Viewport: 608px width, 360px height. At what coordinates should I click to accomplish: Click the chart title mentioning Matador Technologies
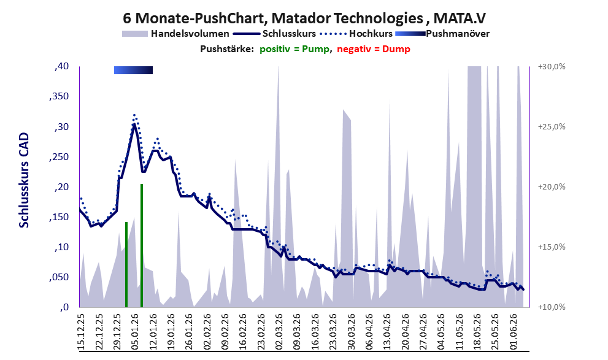click(304, 18)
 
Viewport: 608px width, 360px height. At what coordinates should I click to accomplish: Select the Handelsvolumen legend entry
click(175, 34)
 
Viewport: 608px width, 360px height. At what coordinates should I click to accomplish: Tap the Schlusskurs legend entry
click(274, 34)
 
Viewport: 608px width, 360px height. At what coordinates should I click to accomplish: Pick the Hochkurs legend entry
click(356, 34)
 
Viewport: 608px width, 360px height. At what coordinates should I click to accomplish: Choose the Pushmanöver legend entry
click(442, 34)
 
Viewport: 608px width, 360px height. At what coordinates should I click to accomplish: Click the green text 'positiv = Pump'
click(294, 49)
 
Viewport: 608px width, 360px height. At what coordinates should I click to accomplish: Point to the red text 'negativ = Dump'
click(374, 49)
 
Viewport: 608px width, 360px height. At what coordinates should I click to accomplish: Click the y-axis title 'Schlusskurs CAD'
click(24, 180)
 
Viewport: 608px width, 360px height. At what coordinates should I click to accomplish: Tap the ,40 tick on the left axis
click(61, 66)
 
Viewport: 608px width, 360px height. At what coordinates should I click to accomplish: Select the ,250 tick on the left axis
click(60, 157)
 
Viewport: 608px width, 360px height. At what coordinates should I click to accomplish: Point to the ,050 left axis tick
click(60, 277)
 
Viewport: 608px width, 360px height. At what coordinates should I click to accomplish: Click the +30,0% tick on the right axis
click(552, 67)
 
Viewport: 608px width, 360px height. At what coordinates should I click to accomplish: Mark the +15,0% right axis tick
click(552, 247)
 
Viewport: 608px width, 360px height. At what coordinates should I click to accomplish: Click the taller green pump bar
click(142, 245)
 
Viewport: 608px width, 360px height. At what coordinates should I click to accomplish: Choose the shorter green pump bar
click(126, 264)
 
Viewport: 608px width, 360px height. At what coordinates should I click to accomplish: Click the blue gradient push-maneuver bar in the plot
click(133, 70)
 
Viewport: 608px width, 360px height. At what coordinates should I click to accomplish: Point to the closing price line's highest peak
click(134, 124)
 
